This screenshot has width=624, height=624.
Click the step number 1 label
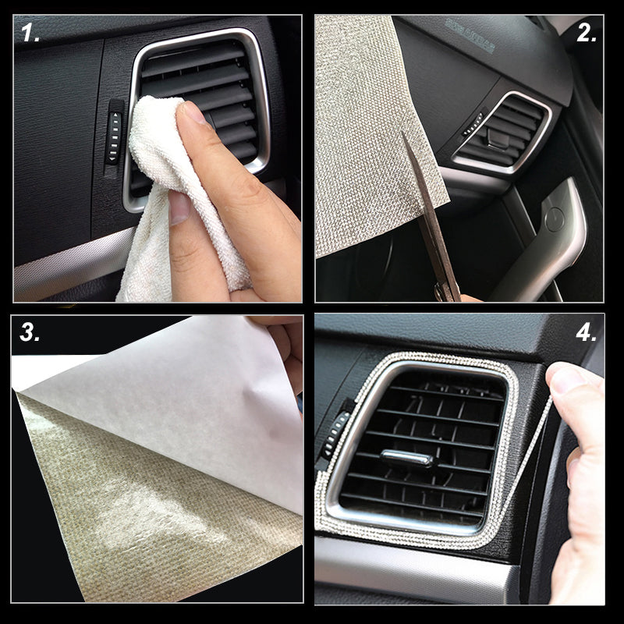click(x=30, y=32)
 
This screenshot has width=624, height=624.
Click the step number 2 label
click(x=587, y=32)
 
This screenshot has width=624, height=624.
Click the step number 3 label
click(x=30, y=331)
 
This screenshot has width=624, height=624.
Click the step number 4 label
click(x=587, y=331)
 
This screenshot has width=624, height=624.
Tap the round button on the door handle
click(x=555, y=219)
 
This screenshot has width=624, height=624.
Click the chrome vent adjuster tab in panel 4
click(x=407, y=458)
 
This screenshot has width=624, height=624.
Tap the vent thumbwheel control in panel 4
click(x=335, y=434)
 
